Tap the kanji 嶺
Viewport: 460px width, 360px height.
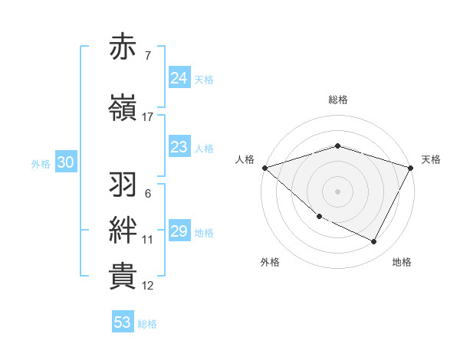pyautogui.click(x=123, y=108)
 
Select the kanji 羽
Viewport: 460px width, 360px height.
pyautogui.click(x=123, y=185)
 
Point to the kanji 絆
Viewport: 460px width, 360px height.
pyautogui.click(x=123, y=231)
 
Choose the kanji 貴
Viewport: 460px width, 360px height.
pyautogui.click(x=123, y=277)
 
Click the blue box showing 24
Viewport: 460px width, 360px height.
pyautogui.click(x=179, y=78)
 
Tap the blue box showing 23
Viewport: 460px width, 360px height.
pyautogui.click(x=179, y=147)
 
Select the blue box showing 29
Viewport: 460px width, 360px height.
pyautogui.click(x=179, y=231)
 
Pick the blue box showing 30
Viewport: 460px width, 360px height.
pyautogui.click(x=65, y=162)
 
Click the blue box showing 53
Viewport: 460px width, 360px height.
pyautogui.click(x=123, y=322)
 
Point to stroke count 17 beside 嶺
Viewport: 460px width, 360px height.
pyautogui.click(x=148, y=117)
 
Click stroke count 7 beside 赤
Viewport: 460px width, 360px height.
pyautogui.click(x=147, y=56)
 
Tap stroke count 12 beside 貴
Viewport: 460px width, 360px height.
pyautogui.click(x=148, y=286)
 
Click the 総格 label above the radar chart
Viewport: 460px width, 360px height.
pyautogui.click(x=338, y=100)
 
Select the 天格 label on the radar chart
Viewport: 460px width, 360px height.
pyautogui.click(x=431, y=159)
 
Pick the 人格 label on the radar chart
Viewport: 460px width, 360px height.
pyautogui.click(x=245, y=159)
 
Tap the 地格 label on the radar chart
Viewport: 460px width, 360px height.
pyautogui.click(x=402, y=262)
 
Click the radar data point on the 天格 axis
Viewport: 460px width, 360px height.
pyautogui.click(x=411, y=168)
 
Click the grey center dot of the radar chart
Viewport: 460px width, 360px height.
pyautogui.click(x=338, y=191)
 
